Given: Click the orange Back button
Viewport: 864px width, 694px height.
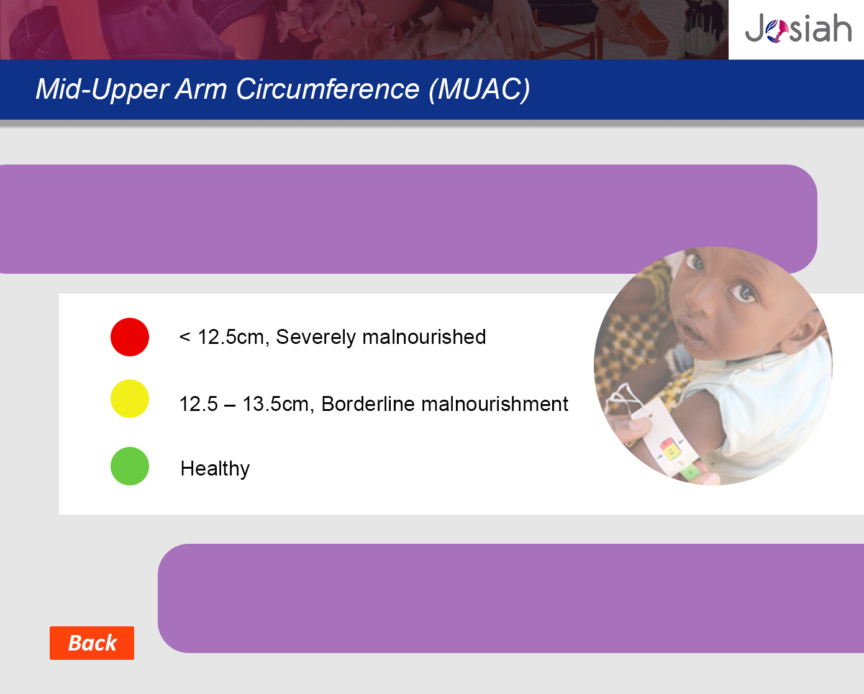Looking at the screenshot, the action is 92,643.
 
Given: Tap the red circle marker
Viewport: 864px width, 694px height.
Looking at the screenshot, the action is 130,337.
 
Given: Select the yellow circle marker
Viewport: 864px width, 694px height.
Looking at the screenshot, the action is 130,399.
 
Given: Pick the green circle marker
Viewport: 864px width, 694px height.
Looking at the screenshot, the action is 130,466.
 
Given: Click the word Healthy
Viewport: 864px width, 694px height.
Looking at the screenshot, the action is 215,469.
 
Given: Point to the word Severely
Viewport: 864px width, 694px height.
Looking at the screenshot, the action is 316,337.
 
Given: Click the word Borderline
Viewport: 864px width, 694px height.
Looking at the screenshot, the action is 368,403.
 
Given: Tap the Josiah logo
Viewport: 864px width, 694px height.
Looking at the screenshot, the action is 798,28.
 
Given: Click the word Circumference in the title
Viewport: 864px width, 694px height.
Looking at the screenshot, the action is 327,89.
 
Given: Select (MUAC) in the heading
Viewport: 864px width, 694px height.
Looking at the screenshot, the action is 480,89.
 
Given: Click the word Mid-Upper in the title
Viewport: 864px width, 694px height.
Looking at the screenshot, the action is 102,90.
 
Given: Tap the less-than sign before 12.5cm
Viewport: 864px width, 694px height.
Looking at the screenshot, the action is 184,337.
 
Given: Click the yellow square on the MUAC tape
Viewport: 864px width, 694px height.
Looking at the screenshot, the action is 671,453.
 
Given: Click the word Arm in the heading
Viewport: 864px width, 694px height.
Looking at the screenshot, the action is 201,89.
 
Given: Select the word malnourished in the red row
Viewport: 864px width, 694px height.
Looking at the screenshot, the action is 424,337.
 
